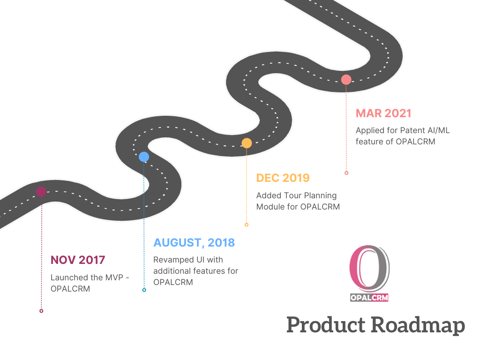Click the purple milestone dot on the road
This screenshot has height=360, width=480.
(41, 191)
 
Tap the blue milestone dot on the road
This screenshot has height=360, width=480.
(144, 157)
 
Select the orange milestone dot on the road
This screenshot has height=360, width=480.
(247, 143)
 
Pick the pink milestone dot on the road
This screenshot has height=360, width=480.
(346, 79)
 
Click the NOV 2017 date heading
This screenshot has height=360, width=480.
(78, 260)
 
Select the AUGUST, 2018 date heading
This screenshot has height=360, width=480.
(194, 243)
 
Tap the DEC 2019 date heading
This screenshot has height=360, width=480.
(283, 178)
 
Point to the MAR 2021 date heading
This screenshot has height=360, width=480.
(383, 113)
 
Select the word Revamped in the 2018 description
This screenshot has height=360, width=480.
(173, 260)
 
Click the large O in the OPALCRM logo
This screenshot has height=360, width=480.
(369, 269)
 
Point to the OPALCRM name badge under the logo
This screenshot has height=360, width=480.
(369, 297)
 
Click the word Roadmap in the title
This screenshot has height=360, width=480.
(417, 325)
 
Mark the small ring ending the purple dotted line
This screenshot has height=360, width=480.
(41, 311)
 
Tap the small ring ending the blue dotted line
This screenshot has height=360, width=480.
(144, 290)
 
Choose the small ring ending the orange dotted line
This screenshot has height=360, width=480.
(247, 225)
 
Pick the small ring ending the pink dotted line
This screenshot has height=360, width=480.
(346, 173)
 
